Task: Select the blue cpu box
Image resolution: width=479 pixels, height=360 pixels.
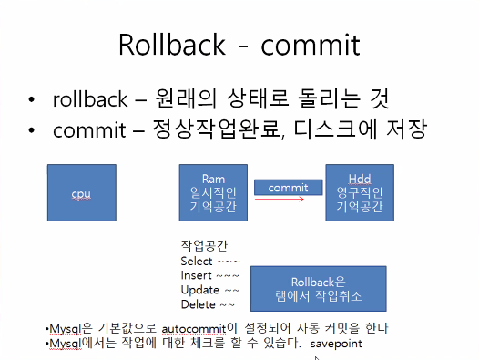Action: [x=82, y=194]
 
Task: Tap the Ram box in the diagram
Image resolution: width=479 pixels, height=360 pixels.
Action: [x=212, y=194]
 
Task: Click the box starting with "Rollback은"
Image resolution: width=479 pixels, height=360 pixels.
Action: [x=319, y=287]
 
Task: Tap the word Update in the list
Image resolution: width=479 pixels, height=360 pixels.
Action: [x=199, y=290]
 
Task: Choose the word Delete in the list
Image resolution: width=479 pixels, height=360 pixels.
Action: [x=198, y=303]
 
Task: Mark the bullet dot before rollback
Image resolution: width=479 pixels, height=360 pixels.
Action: [x=34, y=99]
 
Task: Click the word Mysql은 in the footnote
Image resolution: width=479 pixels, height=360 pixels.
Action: [x=68, y=328]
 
